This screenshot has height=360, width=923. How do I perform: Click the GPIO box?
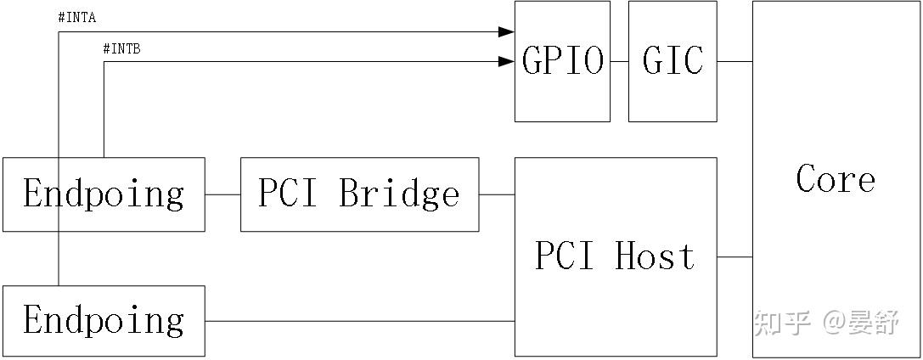562,61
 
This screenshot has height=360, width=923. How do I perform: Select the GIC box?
673,61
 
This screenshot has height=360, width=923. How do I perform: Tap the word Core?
836,179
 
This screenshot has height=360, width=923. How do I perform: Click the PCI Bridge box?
359,194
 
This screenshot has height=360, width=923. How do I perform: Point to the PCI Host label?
615,256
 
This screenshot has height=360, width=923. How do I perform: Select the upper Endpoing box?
104,194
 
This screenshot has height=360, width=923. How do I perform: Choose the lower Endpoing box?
104,321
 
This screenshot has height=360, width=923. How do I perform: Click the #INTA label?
76,18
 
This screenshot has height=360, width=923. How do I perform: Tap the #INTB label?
121,49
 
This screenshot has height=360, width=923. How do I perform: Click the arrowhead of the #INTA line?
507,32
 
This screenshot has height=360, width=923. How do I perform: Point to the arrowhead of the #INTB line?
507,61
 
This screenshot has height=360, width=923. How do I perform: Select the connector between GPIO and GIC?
619,61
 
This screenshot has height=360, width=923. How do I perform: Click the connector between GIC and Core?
734,61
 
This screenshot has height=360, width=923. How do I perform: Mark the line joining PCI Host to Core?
734,256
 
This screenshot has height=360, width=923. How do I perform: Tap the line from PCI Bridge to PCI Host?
497,194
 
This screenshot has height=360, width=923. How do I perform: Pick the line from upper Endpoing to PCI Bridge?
222,194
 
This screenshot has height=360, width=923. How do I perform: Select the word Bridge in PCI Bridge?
400,194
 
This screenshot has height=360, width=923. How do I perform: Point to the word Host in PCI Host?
655,256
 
